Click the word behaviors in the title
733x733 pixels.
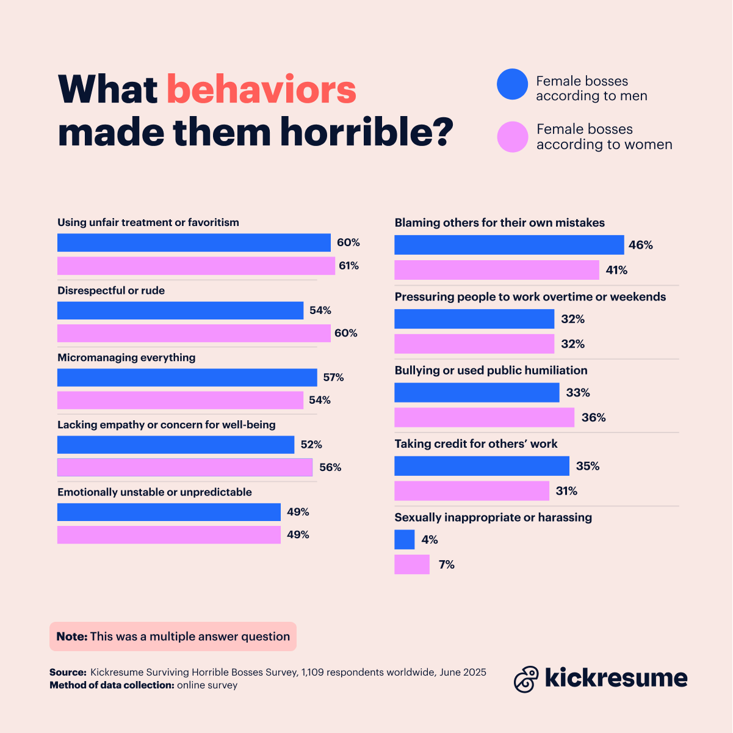coord(261,90)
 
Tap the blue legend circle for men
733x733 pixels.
coord(512,84)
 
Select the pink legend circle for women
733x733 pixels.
coord(512,137)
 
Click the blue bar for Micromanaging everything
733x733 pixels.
coord(187,377)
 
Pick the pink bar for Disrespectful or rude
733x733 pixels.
coord(193,333)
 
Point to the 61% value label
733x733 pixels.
coord(349,266)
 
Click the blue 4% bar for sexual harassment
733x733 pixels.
coord(404,539)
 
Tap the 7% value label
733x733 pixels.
coord(447,565)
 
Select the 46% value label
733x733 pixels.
coord(641,245)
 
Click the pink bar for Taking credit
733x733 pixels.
coord(471,491)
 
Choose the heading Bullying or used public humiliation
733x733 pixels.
coord(491,370)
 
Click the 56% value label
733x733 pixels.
coord(330,467)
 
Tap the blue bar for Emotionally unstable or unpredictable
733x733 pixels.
coord(168,512)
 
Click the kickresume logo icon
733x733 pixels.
coord(526,679)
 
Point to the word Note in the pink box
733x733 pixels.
coord(71,636)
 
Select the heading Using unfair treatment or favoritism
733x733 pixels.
coord(148,222)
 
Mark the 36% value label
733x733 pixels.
coord(593,418)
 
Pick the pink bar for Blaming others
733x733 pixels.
coord(496,270)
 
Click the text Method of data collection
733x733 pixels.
coord(112,685)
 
